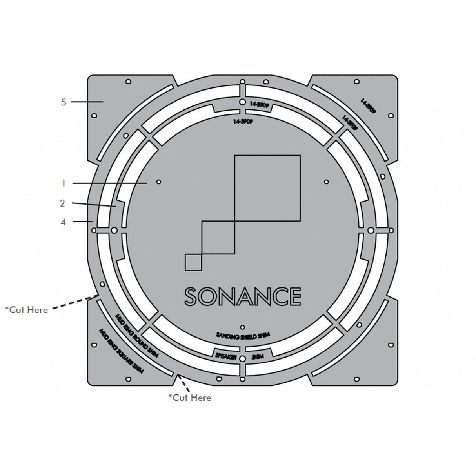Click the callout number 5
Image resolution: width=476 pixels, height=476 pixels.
click(64, 102)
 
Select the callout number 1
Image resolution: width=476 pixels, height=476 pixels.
click(64, 183)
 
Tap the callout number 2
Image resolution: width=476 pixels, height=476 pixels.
click(62, 203)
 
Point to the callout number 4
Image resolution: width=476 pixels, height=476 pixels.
click(63, 222)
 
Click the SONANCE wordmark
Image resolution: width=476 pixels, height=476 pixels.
click(243, 296)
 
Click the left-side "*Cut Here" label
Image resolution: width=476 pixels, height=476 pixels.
click(27, 310)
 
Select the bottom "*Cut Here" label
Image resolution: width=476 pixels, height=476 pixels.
click(190, 398)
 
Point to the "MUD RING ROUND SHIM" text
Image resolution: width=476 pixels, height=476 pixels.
click(136, 335)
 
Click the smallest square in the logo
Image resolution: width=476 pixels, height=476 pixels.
click(193, 262)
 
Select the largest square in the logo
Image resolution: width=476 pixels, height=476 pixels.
click(267, 188)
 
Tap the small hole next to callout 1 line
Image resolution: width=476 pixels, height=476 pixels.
click(159, 182)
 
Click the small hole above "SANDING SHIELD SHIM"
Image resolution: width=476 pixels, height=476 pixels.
click(242, 327)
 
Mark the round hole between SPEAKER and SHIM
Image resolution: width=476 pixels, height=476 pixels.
click(242, 358)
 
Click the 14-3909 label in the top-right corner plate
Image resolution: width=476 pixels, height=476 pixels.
click(368, 106)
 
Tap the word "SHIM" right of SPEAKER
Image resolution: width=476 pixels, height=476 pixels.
click(257, 357)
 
